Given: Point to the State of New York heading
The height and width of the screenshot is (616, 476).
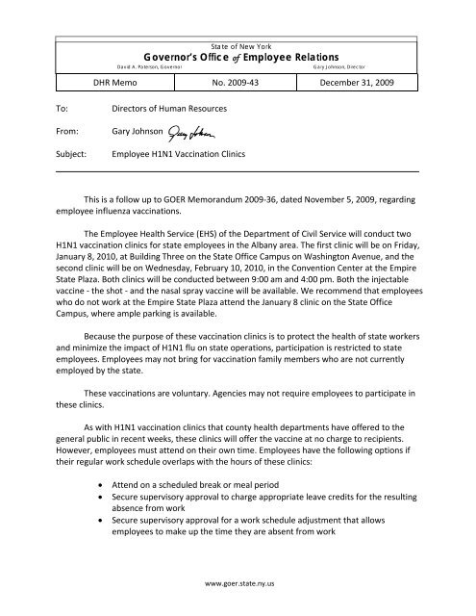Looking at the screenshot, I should [x=238, y=45].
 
